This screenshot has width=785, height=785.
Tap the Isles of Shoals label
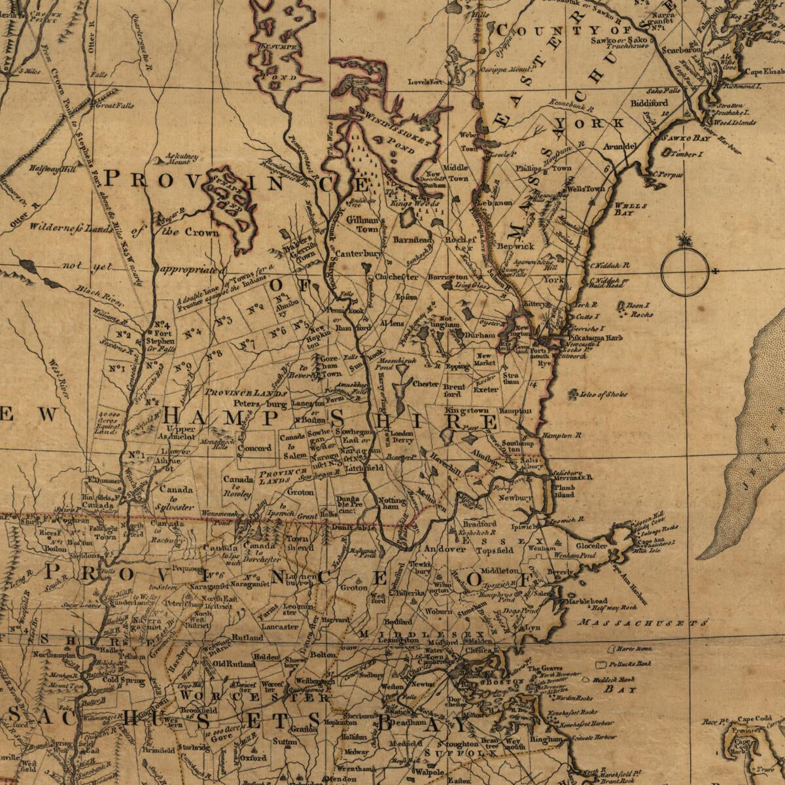(602, 394)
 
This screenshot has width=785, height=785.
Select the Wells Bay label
(631, 209)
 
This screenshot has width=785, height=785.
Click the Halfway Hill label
(52, 169)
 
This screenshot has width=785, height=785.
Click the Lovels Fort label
(425, 82)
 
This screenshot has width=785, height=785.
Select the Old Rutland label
(229, 663)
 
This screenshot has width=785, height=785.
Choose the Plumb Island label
(563, 491)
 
